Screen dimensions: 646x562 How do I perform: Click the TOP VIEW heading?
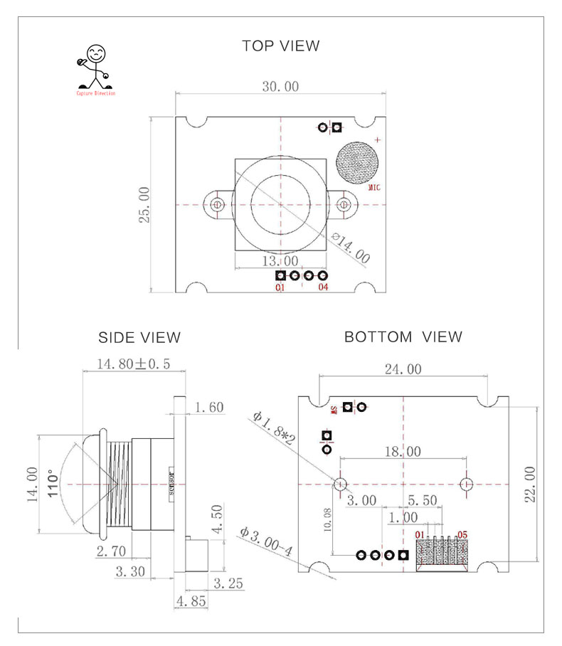coord(280,46)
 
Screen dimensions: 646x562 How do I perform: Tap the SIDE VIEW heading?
coord(139,337)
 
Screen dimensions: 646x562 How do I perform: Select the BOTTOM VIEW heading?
coord(403,337)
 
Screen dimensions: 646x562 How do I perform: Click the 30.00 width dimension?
coord(280,87)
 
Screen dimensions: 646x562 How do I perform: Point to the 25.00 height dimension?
coord(144,205)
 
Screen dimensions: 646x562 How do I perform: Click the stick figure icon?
coord(95,68)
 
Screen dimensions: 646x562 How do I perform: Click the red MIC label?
coord(375,189)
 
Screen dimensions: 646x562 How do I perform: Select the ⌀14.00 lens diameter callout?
coord(351,247)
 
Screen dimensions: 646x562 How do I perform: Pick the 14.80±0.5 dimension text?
coord(134,364)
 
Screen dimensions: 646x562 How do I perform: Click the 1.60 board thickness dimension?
coord(209,407)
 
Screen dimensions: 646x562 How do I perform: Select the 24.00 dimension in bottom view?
coord(403,369)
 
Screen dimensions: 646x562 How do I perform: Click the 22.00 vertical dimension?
coord(529,484)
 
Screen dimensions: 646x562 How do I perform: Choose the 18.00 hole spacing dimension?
coord(403,452)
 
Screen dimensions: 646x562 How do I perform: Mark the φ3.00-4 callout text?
coord(266,543)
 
